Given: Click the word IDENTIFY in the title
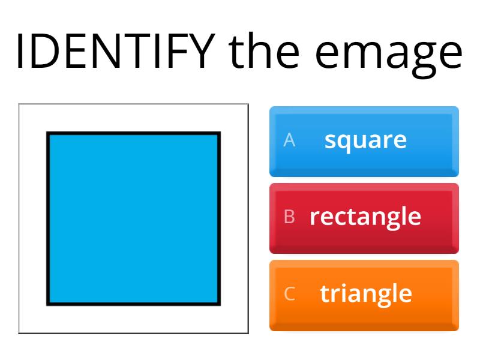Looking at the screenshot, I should [114, 50].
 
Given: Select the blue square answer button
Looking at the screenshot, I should [364, 141].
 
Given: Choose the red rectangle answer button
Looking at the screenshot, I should [364, 218].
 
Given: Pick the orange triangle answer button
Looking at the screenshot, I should [364, 295].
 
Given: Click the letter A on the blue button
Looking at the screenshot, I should [289, 140].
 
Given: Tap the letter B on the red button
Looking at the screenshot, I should [289, 217].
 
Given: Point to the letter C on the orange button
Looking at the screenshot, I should [289, 294].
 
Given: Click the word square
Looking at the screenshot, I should [365, 140].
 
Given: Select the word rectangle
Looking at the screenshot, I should [365, 217].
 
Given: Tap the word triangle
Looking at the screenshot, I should [366, 294].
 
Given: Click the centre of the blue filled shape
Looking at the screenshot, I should [134, 218].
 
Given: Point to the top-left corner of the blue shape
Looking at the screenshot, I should [48, 133].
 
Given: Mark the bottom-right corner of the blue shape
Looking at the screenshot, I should [220, 304].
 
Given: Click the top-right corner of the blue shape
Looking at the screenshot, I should [220, 133].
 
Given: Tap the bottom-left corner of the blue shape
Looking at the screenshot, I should [48, 304].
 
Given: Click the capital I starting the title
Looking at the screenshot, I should [19, 50].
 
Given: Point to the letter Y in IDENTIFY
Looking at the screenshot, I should [202, 50].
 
